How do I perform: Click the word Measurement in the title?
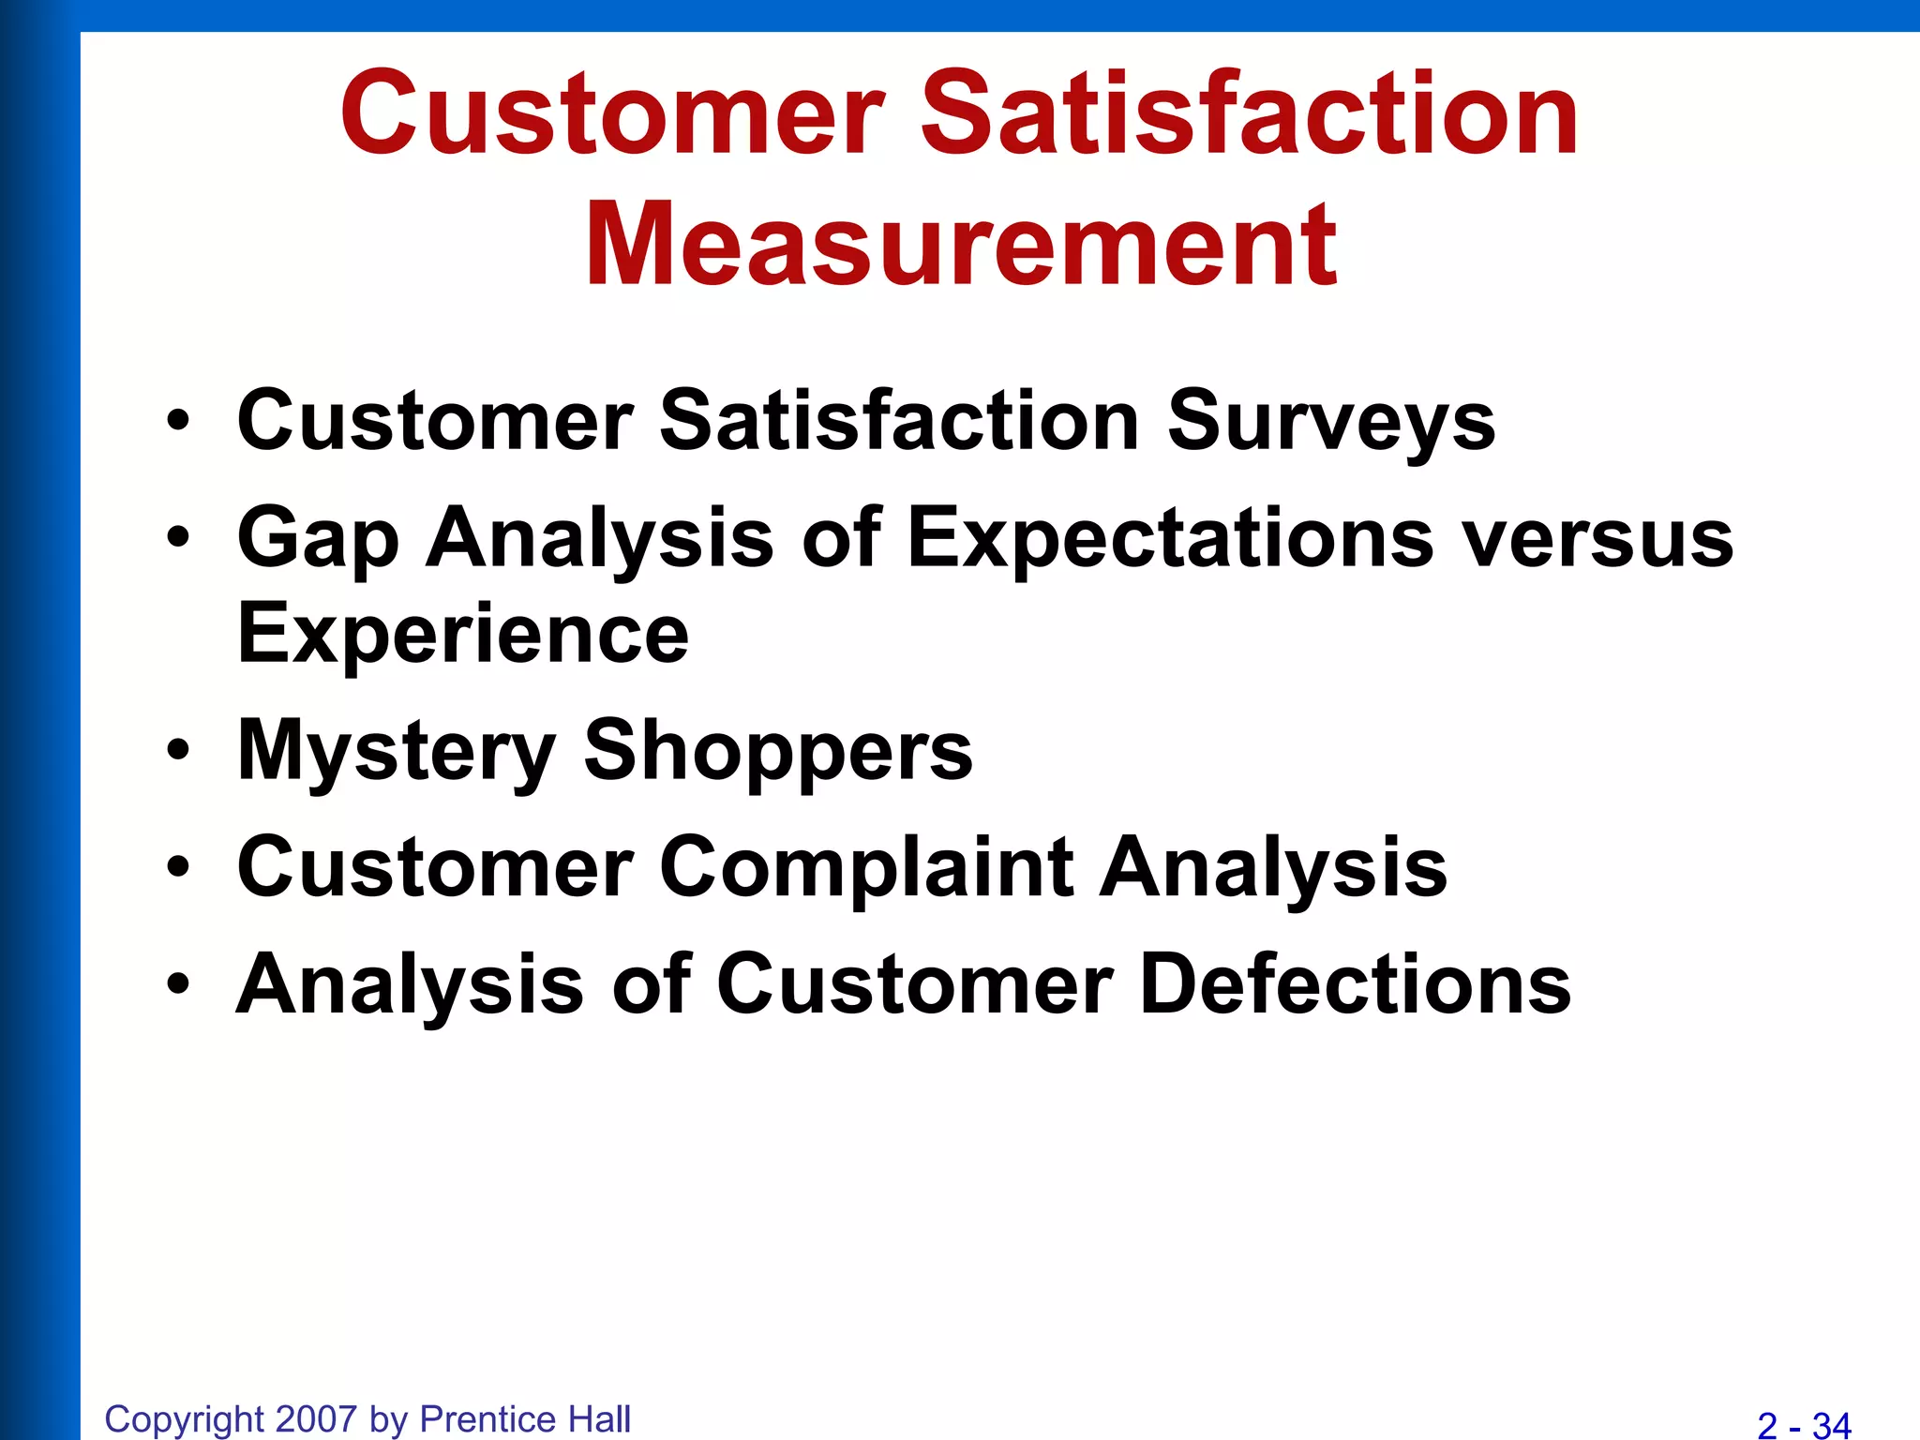click(x=962, y=246)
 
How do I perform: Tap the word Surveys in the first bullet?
click(x=1330, y=421)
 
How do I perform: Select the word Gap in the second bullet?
click(x=318, y=539)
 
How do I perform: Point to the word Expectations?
click(x=1170, y=539)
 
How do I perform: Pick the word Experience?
click(x=463, y=634)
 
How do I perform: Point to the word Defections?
click(x=1356, y=984)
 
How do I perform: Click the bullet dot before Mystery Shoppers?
click(x=178, y=750)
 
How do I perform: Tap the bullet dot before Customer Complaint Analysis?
click(x=178, y=867)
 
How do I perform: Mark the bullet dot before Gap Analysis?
click(x=178, y=538)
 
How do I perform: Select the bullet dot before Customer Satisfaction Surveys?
click(x=178, y=421)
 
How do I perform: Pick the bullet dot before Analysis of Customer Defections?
click(x=178, y=984)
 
